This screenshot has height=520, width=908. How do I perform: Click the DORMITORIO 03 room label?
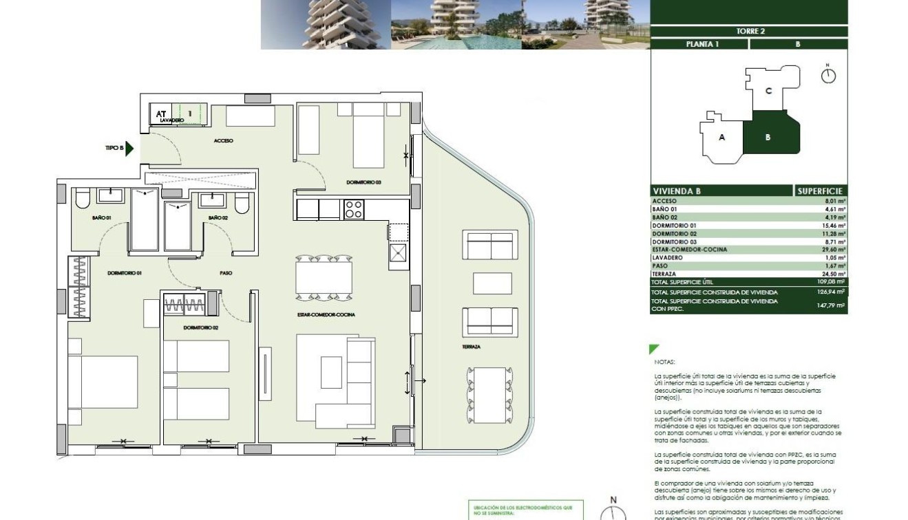point(363,182)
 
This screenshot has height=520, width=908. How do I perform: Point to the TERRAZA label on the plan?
point(472,347)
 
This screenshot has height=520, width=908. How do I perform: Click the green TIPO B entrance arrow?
point(129,147)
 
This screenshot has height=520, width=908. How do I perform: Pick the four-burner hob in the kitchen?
point(354,209)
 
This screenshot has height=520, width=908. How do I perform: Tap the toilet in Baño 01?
point(82,199)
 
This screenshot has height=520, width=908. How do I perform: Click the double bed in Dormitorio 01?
point(103,382)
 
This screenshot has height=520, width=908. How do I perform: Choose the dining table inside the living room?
point(324,278)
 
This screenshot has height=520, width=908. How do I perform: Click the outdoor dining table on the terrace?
point(489,396)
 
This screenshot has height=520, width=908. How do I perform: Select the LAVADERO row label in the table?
point(666,258)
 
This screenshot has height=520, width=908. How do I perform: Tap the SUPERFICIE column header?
point(821,191)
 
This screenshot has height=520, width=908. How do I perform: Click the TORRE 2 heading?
point(750,31)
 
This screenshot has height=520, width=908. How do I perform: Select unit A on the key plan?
point(721,138)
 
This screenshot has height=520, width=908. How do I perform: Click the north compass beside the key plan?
point(828,74)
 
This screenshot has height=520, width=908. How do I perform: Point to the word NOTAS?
point(665,362)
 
